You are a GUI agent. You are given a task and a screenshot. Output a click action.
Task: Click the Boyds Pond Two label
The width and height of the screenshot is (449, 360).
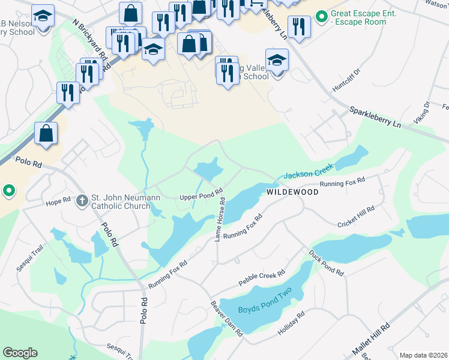pos(265,310)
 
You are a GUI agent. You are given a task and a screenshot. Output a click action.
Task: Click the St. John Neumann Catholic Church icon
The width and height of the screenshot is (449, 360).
pos(83,201)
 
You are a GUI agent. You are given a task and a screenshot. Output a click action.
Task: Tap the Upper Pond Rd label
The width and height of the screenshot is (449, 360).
pos(202,197)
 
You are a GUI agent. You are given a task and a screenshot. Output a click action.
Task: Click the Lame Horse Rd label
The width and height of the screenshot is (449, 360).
pos(220,221)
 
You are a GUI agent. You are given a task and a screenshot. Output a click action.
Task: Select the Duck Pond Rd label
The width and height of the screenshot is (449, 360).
pos(327,263)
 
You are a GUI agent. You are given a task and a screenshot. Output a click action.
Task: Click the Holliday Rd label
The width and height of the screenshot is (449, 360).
pos(292,322)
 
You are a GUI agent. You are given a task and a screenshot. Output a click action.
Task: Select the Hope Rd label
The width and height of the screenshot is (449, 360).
pos(59,202)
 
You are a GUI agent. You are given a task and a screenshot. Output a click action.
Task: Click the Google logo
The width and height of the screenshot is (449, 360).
pos(20,353)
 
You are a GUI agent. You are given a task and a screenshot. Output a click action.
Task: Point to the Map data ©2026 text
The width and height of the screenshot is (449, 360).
pos(423,355)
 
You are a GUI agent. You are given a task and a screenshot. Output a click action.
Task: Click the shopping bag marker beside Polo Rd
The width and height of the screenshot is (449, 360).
pos(46,134)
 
